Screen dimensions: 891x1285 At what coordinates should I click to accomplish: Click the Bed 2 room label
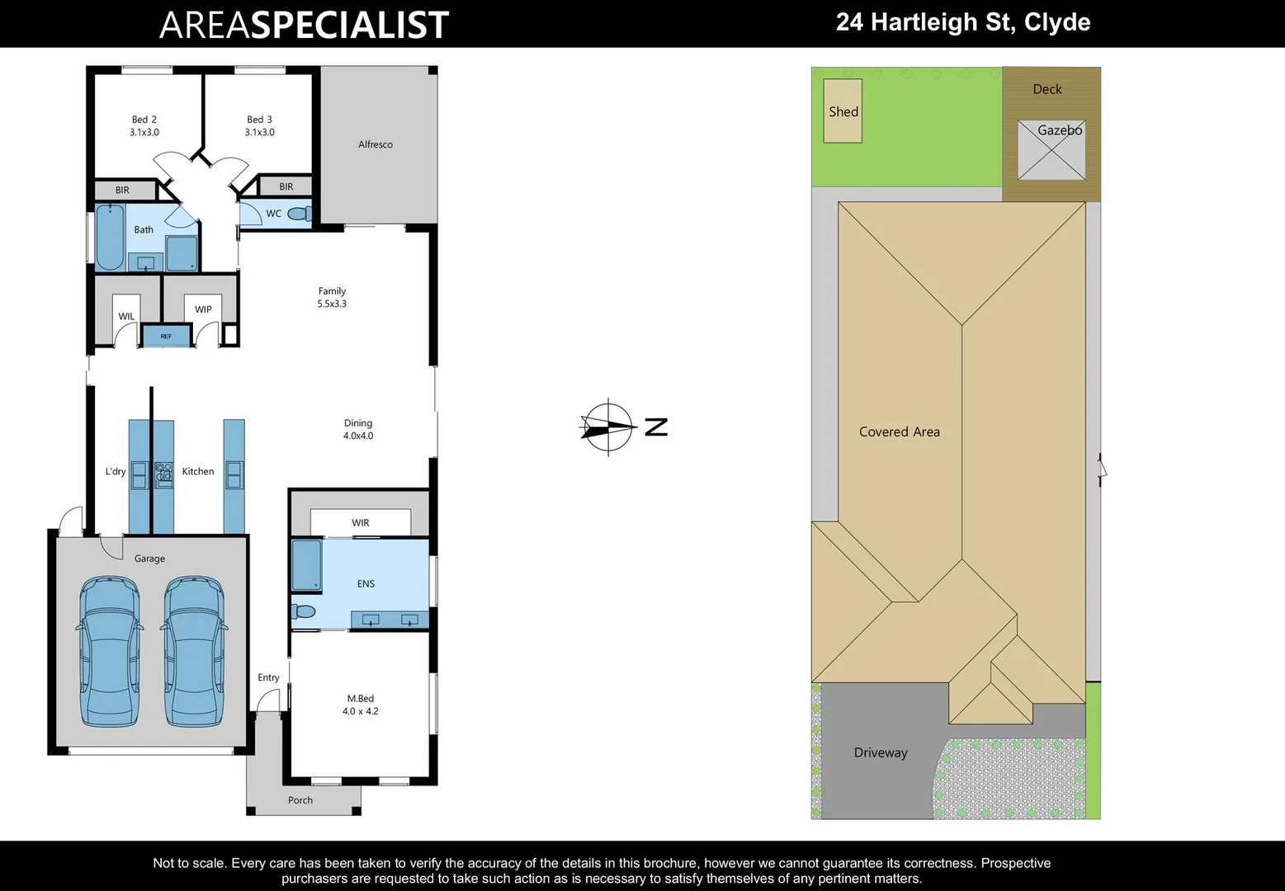(x=144, y=125)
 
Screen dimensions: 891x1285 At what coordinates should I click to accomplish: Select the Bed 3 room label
(x=259, y=125)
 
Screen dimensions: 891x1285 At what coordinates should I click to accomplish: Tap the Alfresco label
(x=376, y=144)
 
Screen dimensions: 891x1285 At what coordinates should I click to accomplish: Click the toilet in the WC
(x=298, y=214)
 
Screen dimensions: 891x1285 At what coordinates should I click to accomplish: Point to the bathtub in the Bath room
(x=109, y=238)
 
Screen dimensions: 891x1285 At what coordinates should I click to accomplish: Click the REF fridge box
(x=166, y=337)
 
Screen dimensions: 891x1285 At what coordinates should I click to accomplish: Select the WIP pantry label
(x=203, y=309)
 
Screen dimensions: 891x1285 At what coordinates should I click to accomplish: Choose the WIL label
(x=126, y=316)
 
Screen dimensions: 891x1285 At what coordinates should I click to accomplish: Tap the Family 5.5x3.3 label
(x=332, y=297)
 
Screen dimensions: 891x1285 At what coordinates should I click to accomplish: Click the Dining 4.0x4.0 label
(x=358, y=429)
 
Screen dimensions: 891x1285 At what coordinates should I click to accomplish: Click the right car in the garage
(x=194, y=651)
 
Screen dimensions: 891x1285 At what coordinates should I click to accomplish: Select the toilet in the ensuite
(x=304, y=611)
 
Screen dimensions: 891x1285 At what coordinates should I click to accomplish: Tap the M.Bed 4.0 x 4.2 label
(x=361, y=705)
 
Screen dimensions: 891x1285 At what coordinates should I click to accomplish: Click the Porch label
(x=300, y=800)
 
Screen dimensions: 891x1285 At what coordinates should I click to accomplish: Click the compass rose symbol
(x=608, y=427)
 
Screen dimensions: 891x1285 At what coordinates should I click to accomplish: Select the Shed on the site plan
(x=843, y=111)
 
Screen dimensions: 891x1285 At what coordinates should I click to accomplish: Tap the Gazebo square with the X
(x=1051, y=150)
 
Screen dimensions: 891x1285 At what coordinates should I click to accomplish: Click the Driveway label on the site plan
(x=881, y=752)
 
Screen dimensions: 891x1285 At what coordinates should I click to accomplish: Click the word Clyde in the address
(x=1057, y=22)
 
